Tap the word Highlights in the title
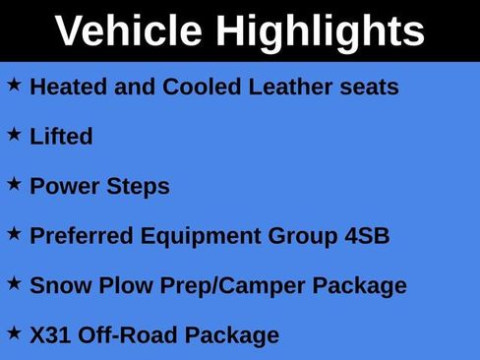point(321,32)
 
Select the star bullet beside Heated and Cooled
point(14,86)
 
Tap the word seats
point(371,87)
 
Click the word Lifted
point(61,137)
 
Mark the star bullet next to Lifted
point(14,135)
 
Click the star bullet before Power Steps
point(14,184)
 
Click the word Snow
point(57,286)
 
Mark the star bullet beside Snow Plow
point(14,283)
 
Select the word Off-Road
point(122,335)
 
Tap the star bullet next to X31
point(14,332)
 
